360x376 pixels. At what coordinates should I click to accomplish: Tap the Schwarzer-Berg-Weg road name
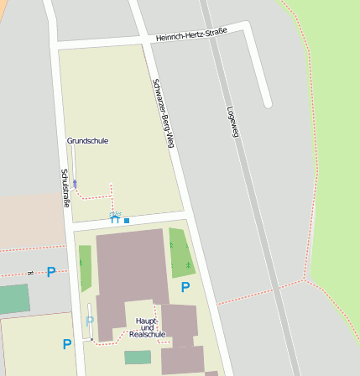click(163, 113)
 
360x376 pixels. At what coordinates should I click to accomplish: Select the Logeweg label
click(232, 122)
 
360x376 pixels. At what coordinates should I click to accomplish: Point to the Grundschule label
click(88, 141)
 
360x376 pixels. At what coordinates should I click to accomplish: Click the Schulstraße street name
click(65, 188)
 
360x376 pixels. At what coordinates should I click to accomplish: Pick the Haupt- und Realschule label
click(147, 327)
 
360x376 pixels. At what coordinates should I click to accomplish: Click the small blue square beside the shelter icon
click(127, 221)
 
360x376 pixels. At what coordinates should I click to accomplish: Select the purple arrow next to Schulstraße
click(75, 183)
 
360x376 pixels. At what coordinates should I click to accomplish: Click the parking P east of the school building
click(185, 288)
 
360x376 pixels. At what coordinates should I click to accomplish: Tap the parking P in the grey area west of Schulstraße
click(51, 272)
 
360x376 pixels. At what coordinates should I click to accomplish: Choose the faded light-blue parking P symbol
click(90, 321)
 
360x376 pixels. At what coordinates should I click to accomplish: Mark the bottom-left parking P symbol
click(67, 344)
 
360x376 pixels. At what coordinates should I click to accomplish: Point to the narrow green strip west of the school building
click(85, 269)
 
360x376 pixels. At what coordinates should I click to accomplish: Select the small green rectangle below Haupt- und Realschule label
click(138, 358)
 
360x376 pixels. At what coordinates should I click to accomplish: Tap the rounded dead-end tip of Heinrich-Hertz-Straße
click(267, 104)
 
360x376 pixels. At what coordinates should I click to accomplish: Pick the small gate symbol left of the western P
click(30, 273)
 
